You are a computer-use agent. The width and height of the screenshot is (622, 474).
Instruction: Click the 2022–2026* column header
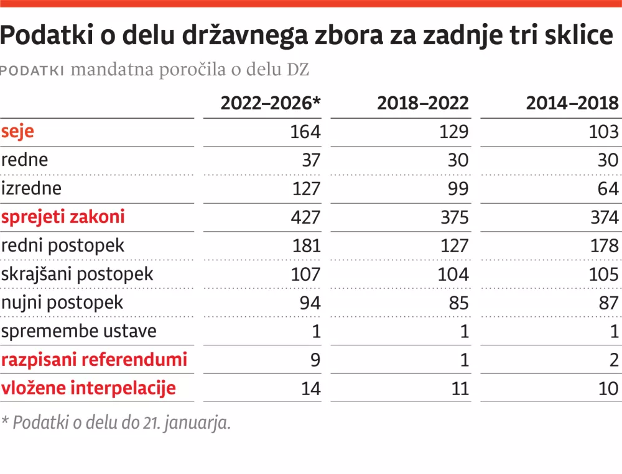pyautogui.click(x=271, y=103)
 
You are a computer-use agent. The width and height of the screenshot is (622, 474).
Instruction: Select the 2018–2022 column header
pyautogui.click(x=423, y=103)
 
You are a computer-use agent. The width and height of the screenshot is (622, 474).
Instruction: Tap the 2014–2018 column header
pyautogui.click(x=572, y=103)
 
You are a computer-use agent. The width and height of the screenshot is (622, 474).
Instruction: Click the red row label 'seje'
pyautogui.click(x=17, y=132)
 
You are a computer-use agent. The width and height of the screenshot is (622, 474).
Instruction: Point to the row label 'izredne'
pyautogui.click(x=32, y=188)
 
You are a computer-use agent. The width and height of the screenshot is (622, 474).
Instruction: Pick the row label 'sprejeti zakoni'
pyautogui.click(x=63, y=217)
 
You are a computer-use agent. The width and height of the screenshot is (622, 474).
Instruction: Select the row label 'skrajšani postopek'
pyautogui.click(x=77, y=274)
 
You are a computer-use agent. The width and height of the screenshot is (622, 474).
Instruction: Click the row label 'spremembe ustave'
pyautogui.click(x=78, y=331)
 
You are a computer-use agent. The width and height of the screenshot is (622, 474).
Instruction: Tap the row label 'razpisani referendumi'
pyautogui.click(x=94, y=360)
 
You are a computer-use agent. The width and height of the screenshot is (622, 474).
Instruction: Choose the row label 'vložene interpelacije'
pyautogui.click(x=88, y=388)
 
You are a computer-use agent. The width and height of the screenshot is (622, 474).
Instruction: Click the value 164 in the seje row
pyautogui.click(x=306, y=132)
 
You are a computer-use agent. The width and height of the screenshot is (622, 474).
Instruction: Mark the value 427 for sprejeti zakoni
pyautogui.click(x=306, y=217)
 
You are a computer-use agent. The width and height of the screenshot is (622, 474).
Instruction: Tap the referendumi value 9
pyautogui.click(x=315, y=360)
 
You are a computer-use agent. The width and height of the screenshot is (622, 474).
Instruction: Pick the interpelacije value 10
pyautogui.click(x=608, y=388)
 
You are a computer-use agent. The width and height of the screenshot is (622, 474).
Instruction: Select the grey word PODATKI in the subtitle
pyautogui.click(x=33, y=70)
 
